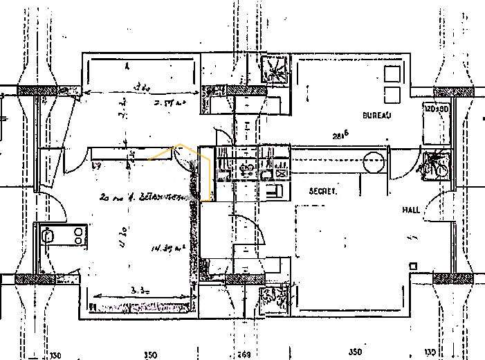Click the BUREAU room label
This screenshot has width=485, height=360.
click(x=376, y=115)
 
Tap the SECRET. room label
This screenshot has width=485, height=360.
click(x=323, y=191)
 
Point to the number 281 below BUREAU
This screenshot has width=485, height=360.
click(x=340, y=136)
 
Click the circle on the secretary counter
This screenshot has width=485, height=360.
click(x=374, y=163)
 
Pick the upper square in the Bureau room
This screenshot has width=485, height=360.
click(x=392, y=73)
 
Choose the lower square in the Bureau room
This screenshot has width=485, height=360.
click(x=392, y=95)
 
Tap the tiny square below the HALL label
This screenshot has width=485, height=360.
click(x=413, y=266)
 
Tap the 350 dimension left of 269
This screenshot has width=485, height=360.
click(x=150, y=354)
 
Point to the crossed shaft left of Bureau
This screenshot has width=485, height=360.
click(x=275, y=68)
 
